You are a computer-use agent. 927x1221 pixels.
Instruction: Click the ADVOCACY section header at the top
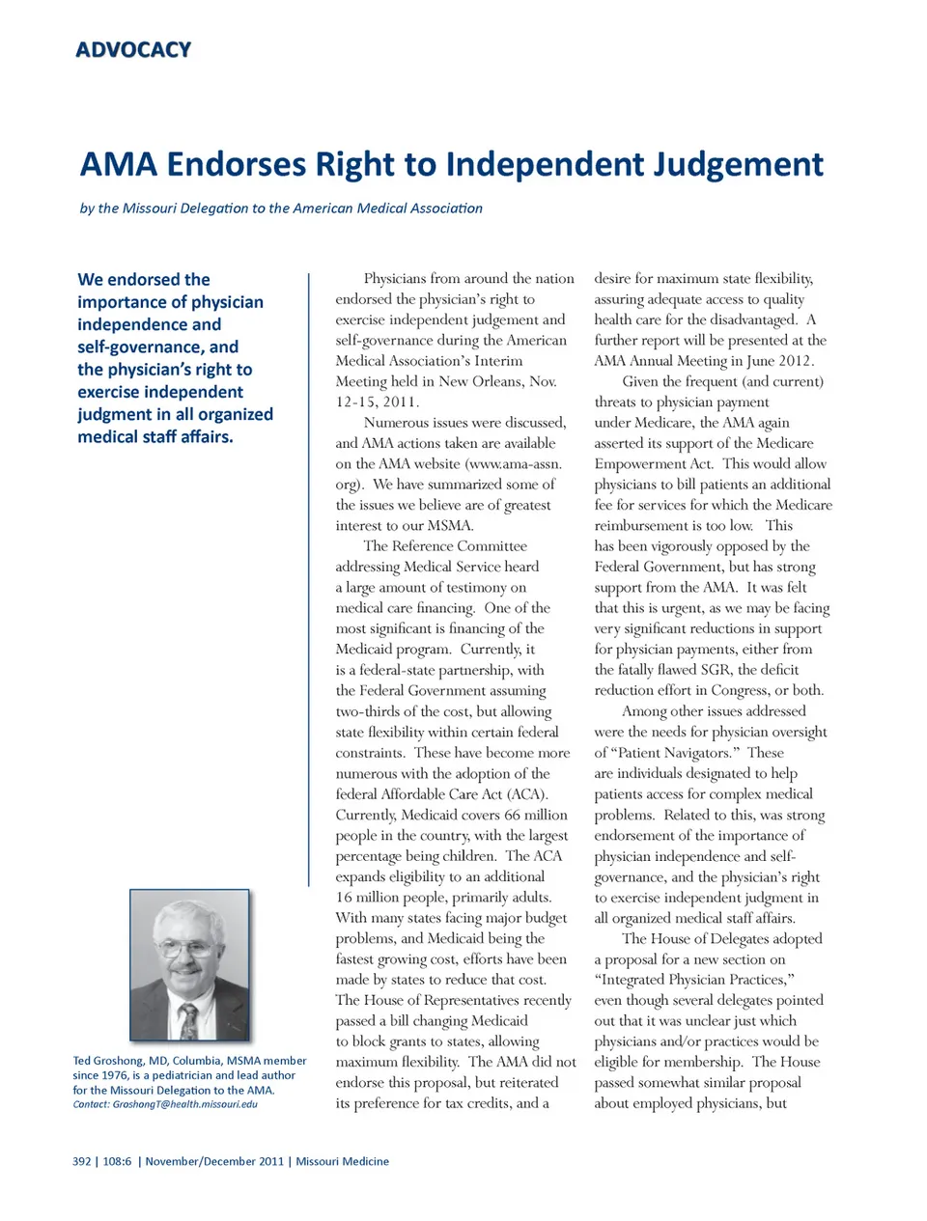tap(133, 49)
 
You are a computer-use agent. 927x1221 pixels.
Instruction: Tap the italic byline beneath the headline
tap(281, 208)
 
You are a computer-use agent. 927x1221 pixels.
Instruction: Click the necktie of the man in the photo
tap(188, 1019)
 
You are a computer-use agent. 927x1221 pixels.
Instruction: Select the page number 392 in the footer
tap(82, 1161)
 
